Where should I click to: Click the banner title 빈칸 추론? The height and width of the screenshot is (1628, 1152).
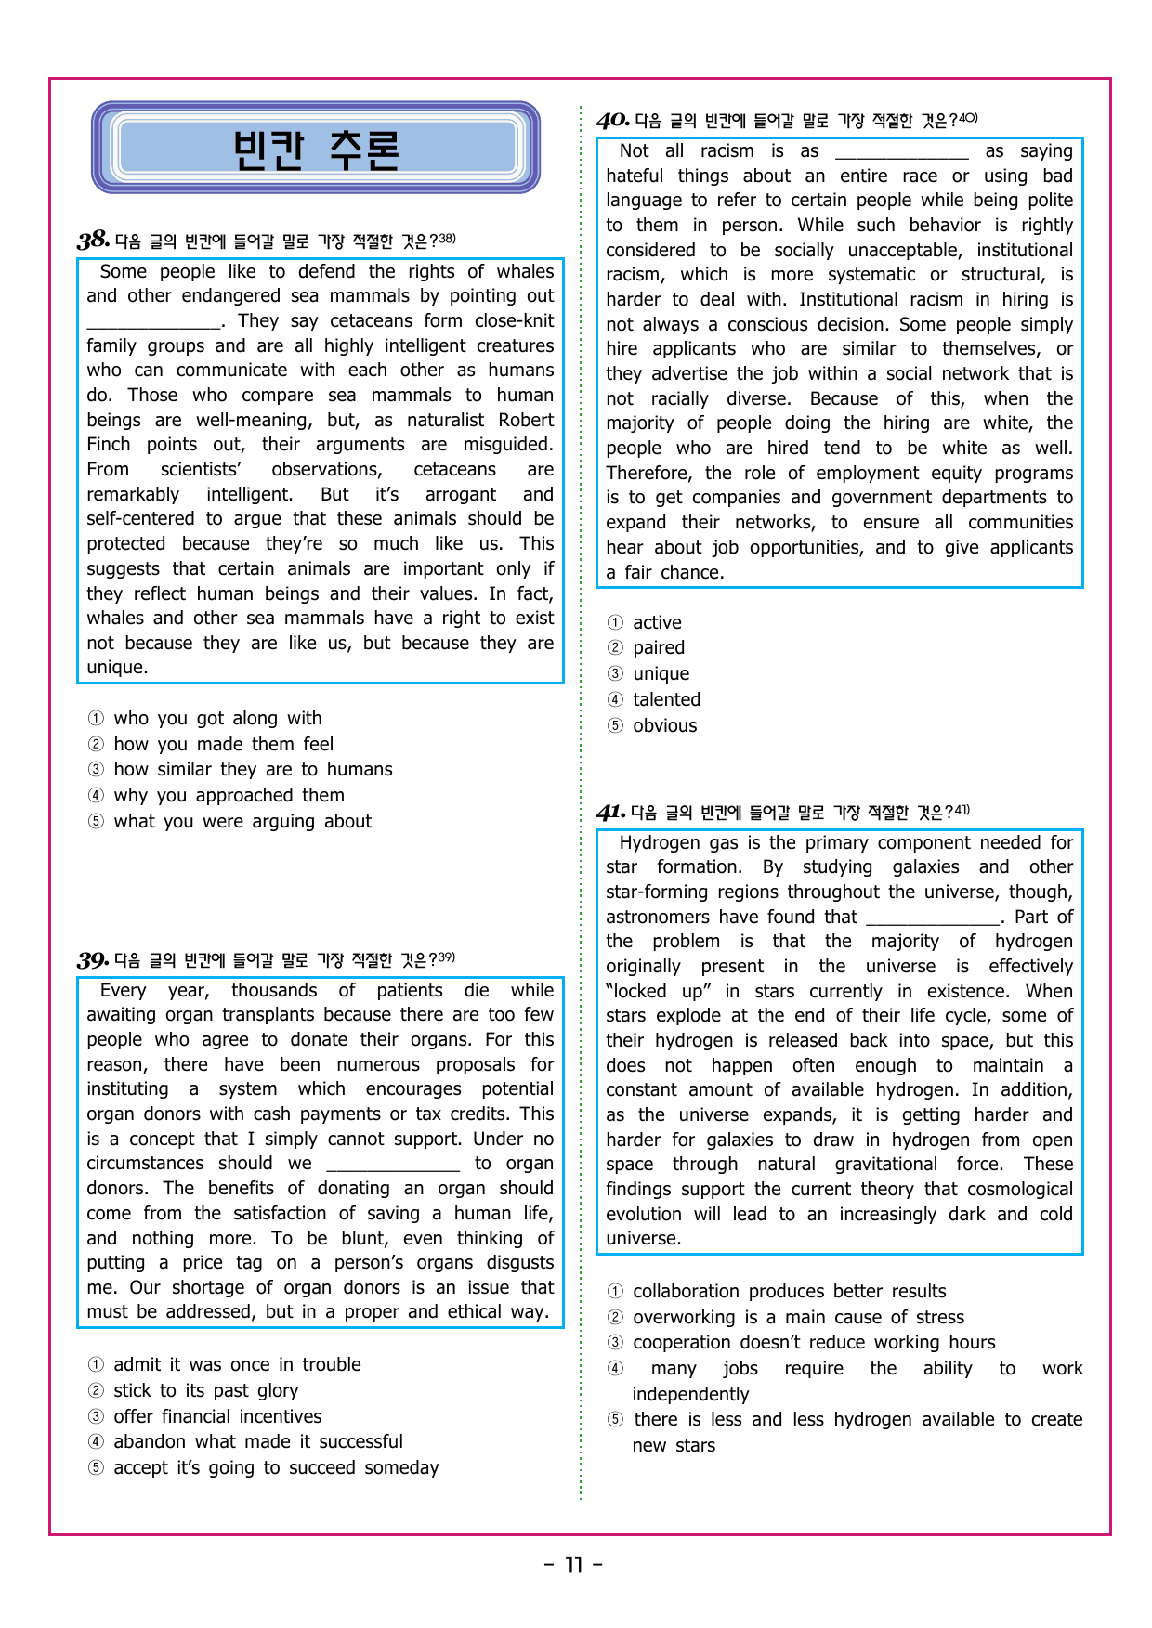click(316, 150)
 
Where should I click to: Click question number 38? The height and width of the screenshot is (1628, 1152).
click(93, 241)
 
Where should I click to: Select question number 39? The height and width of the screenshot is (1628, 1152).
click(93, 960)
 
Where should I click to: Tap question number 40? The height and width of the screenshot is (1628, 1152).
click(612, 121)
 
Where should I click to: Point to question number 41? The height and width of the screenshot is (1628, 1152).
click(610, 813)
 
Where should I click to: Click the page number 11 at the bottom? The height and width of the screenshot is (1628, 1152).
click(573, 1566)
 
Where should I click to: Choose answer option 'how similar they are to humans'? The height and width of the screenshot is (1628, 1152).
click(253, 770)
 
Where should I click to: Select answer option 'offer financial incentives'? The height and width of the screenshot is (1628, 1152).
click(217, 1416)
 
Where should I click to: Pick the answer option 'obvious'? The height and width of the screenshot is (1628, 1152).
click(664, 726)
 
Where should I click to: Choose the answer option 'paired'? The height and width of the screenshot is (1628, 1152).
click(659, 648)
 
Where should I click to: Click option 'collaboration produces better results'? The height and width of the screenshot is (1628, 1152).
click(789, 1292)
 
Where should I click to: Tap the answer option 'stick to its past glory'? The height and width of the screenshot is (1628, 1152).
click(205, 1390)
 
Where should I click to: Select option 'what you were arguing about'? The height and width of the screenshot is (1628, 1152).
click(242, 822)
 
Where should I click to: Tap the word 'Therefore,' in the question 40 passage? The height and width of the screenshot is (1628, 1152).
click(648, 474)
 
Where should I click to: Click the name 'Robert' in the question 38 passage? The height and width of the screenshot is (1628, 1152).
click(526, 421)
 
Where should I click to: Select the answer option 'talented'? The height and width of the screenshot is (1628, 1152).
click(666, 700)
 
